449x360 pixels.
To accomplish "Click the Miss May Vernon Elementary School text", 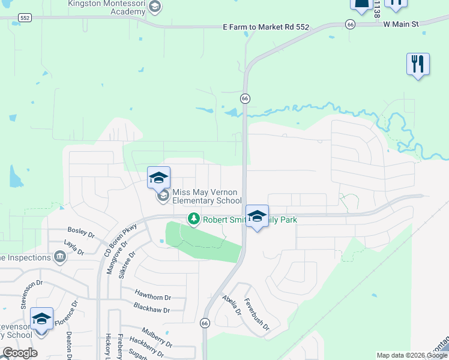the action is pyautogui.click(x=206, y=196).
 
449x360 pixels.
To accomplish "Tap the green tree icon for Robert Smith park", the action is pyautogui.click(x=193, y=219).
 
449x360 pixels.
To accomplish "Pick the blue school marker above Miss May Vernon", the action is pyautogui.click(x=158, y=178).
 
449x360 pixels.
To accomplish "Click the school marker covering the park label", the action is pyautogui.click(x=257, y=217).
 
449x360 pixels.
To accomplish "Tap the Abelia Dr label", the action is pyautogui.click(x=231, y=305).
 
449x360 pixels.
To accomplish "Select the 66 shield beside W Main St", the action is pyautogui.click(x=351, y=23).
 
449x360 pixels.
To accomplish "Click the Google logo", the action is pyautogui.click(x=20, y=353).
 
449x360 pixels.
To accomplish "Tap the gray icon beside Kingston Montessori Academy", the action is pyautogui.click(x=155, y=7).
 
